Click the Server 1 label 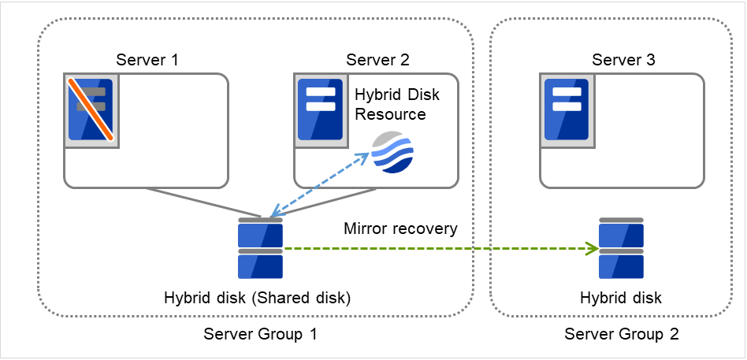(147, 60)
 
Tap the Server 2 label (378, 60)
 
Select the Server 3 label (623, 60)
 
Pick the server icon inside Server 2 (320, 109)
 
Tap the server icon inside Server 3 (565, 109)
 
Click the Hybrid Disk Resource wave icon (392, 152)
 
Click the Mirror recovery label (400, 229)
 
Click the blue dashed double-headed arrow (320, 185)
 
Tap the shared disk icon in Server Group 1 (260, 249)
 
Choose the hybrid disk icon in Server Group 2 (621, 249)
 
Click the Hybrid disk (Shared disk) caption (257, 299)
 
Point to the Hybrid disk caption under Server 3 (621, 299)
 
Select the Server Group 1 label (260, 334)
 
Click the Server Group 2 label (622, 334)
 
